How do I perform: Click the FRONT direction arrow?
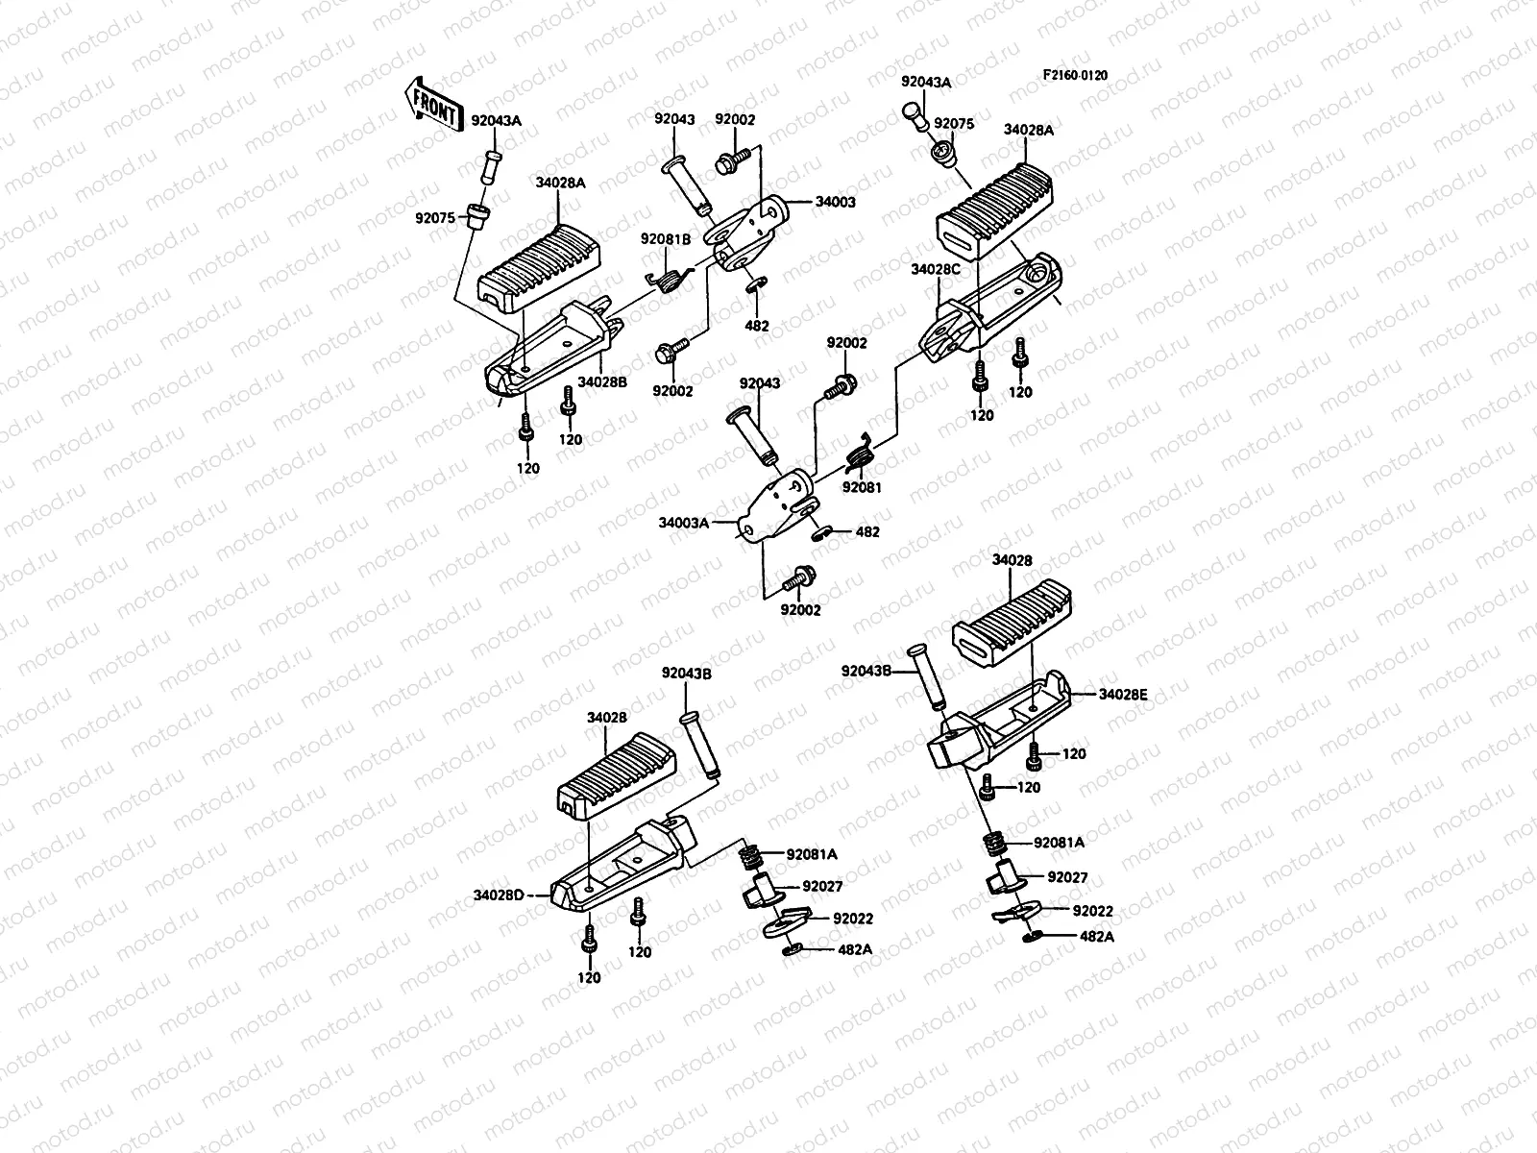(x=433, y=102)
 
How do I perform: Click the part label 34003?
(x=835, y=203)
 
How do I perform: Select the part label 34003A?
(x=684, y=524)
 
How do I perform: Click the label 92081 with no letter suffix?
(x=862, y=487)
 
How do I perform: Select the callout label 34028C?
(x=936, y=269)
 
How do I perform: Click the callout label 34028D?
(x=499, y=895)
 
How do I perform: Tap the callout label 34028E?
(x=1123, y=694)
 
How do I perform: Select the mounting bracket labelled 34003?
(x=754, y=235)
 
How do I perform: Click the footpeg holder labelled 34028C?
(x=989, y=303)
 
